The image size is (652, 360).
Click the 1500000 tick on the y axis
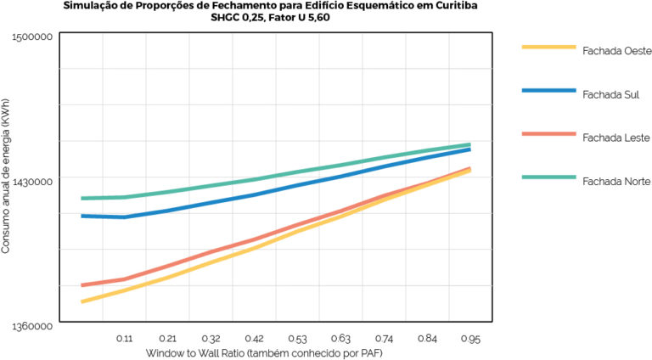[35, 37]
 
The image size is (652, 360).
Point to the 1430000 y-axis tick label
[35, 181]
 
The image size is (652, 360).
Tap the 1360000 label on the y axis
[35, 325]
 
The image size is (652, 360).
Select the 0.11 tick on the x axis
[124, 338]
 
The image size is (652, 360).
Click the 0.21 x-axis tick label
[167, 338]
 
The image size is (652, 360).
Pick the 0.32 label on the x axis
[211, 338]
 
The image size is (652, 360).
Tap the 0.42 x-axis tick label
[254, 338]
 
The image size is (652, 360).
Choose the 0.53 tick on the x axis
[297, 338]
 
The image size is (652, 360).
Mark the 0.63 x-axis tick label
[340, 338]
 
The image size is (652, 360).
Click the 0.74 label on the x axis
[384, 338]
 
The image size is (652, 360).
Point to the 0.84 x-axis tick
[427, 338]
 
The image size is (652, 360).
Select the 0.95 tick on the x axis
[470, 338]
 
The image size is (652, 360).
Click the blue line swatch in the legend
[548, 89]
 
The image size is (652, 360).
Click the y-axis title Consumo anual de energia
[7, 181]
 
